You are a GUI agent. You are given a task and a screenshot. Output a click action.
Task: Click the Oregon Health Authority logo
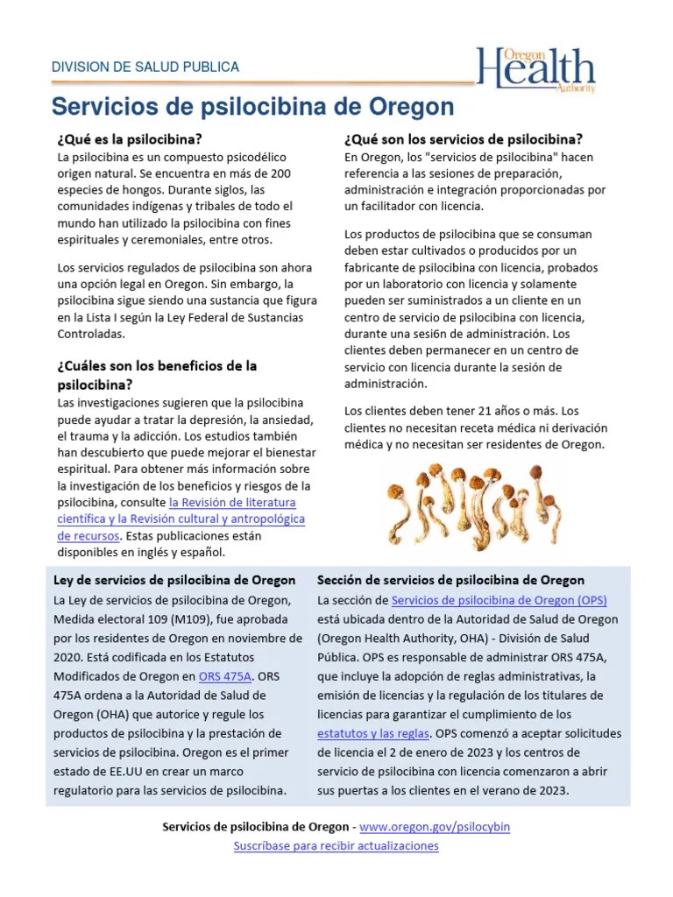[535, 69]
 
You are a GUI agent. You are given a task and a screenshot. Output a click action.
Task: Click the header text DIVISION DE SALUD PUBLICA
[145, 67]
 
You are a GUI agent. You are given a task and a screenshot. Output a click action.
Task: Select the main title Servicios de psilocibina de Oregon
[252, 107]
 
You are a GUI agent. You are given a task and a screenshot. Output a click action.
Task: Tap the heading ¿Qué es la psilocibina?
[129, 138]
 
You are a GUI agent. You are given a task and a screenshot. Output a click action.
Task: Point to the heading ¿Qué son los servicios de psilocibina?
[463, 138]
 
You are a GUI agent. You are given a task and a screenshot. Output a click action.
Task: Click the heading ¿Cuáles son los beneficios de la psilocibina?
[157, 374]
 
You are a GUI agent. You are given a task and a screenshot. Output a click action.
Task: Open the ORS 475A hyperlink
[225, 676]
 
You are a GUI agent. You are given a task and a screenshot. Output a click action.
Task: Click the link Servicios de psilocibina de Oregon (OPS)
[499, 600]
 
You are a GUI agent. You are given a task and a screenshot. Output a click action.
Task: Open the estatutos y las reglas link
[373, 733]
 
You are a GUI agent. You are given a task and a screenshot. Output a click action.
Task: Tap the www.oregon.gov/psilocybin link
[435, 826]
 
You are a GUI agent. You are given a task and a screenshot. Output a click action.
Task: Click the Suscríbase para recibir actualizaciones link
[336, 845]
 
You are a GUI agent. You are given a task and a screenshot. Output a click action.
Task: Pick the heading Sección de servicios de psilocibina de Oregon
[450, 580]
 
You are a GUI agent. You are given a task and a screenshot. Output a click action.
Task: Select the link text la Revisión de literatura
[232, 502]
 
